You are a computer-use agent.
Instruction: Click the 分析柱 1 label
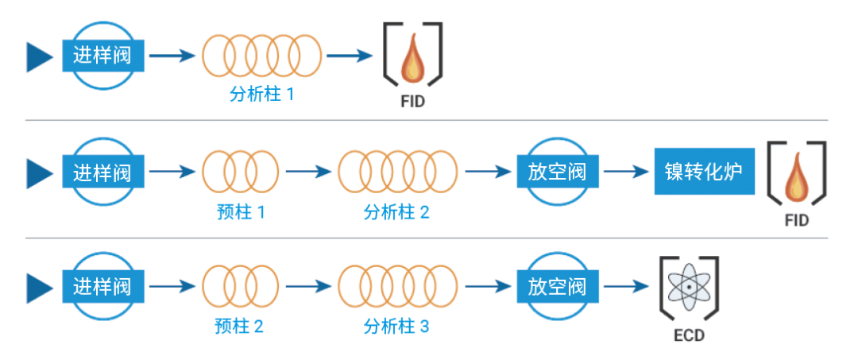tap(261, 95)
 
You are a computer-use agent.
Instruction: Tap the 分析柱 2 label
tap(396, 211)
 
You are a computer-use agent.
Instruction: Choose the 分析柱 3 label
tap(396, 325)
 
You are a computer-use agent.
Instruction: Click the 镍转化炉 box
tap(703, 171)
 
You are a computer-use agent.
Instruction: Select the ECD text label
tap(688, 335)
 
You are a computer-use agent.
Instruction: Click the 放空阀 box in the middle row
tap(557, 171)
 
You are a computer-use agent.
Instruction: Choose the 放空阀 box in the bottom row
tap(557, 285)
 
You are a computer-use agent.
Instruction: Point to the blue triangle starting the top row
tap(38, 56)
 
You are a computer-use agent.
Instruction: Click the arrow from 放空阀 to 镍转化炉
tap(624, 171)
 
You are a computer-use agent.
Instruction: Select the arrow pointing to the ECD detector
tap(624, 285)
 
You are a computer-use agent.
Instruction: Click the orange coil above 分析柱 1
tap(261, 56)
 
